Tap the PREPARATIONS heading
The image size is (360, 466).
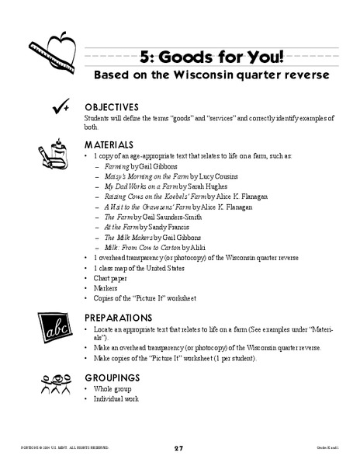pos(118,318)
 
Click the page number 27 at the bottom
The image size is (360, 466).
pos(179,448)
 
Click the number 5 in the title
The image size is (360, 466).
pos(144,57)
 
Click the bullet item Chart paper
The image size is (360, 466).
pos(112,277)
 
